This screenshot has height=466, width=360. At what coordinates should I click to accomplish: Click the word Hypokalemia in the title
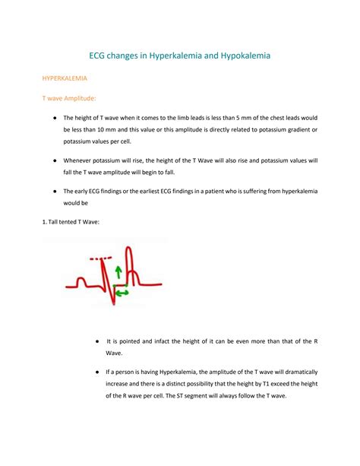233,55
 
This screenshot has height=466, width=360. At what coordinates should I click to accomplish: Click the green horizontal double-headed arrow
122,292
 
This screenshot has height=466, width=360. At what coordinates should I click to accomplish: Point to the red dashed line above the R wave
100,258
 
